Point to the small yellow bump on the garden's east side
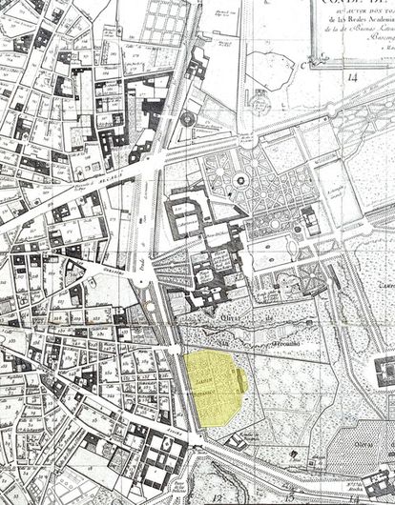[242, 380]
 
